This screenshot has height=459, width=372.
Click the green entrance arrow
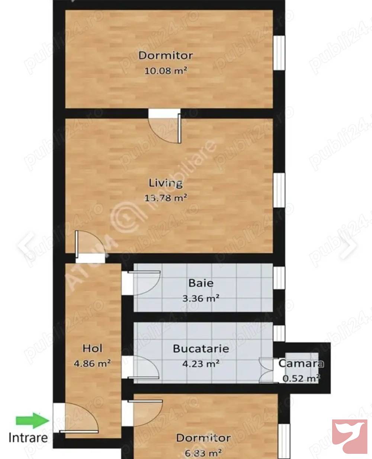click(x=33, y=421)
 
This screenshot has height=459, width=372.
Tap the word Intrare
click(x=28, y=437)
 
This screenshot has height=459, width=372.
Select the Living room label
click(x=166, y=183)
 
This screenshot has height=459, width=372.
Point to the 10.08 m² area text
click(x=166, y=71)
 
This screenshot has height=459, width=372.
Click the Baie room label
click(x=201, y=283)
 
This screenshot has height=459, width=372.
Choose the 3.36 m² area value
click(x=201, y=298)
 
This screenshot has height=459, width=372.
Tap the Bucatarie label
click(x=201, y=349)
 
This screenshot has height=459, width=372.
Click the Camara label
click(x=301, y=363)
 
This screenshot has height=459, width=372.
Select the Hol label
click(x=92, y=349)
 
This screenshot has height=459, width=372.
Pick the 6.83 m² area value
click(x=203, y=453)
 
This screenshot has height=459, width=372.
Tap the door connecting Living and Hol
click(x=86, y=246)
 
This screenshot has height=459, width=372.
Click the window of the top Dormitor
click(x=279, y=53)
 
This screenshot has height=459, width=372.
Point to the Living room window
click(x=279, y=190)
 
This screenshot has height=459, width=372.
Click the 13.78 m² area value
click(x=166, y=198)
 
